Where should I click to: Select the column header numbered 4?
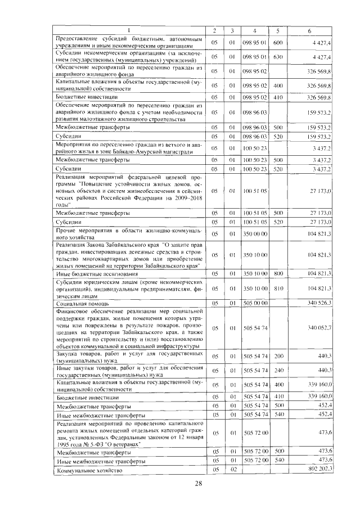click(255, 30)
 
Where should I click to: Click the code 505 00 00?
click(255, 303)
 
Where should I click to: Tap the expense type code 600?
click(277, 42)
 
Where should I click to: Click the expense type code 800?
click(277, 273)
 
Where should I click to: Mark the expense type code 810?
click(277, 288)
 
